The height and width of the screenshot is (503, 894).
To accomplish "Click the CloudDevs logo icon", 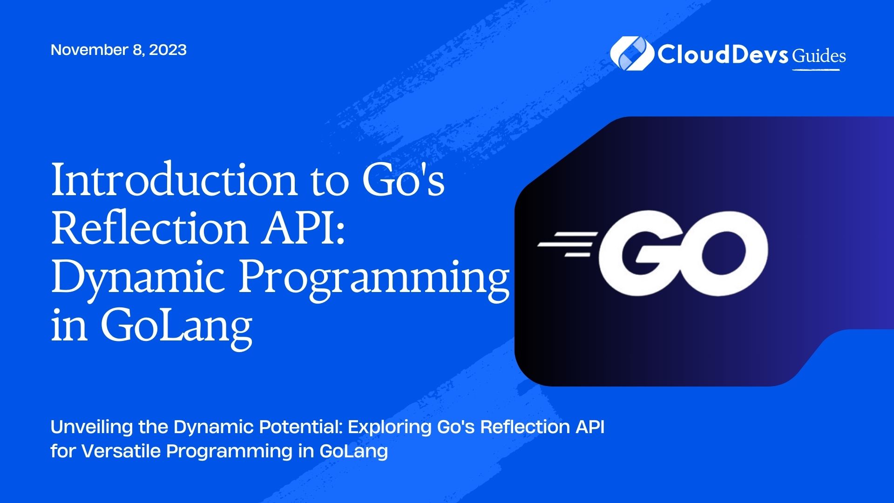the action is pos(631,54).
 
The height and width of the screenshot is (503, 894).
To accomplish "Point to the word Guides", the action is pos(819,56).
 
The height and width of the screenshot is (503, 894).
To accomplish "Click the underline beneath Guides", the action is pos(816,70).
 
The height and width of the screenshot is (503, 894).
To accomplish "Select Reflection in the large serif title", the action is pos(149,228).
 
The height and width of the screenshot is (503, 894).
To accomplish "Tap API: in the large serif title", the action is pos(303,228).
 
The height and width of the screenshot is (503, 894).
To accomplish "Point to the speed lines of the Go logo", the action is pos(567,244).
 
